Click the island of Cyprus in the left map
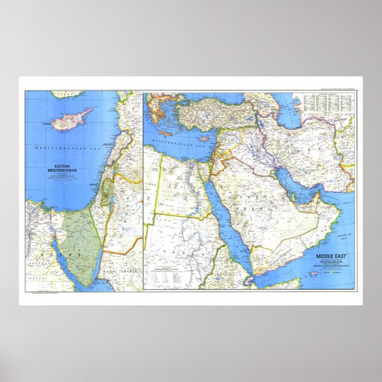72,119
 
